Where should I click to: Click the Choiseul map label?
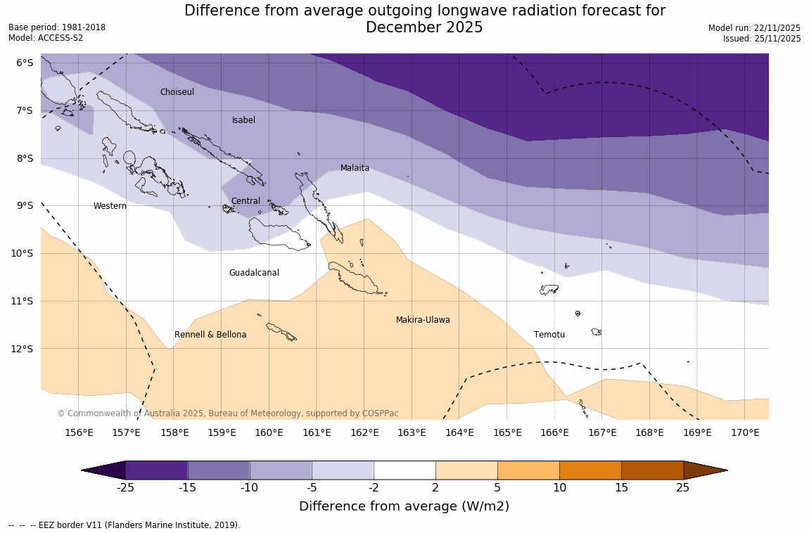pos(177,92)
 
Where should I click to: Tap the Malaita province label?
pos(355,168)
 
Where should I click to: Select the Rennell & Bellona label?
pos(210,335)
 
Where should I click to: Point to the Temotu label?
pos(549,335)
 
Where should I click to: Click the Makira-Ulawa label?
pos(423,320)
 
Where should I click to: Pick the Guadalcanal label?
pos(254,273)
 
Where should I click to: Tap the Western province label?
pos(110,206)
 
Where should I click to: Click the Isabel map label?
pos(243,120)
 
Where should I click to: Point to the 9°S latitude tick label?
pos(25,205)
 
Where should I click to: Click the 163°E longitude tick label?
pos(412,432)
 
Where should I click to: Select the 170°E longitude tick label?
pos(745,432)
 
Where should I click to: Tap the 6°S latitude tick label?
pos(25,63)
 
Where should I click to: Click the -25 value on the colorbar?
pos(126,487)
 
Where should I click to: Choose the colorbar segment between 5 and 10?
pos(528,470)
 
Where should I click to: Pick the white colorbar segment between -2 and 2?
pos(404,470)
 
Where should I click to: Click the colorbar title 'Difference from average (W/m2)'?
pos(404,506)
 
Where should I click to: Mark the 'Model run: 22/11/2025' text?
pos(754,28)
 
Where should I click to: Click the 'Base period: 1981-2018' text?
pos(57,27)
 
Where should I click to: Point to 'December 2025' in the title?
pos(424,27)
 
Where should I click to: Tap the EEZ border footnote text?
pos(125,525)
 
